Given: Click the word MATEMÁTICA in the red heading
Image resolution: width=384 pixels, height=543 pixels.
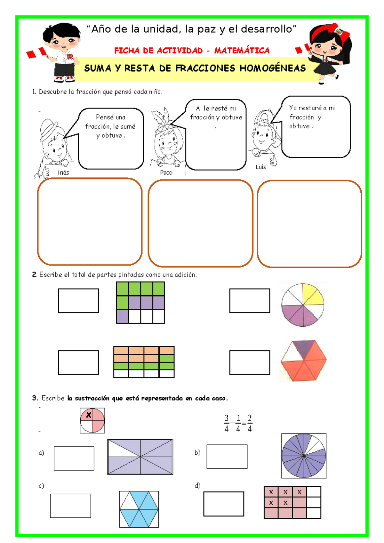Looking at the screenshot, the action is (x=242, y=50).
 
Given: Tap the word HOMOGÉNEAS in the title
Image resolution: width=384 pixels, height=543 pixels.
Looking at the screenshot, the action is (x=273, y=68).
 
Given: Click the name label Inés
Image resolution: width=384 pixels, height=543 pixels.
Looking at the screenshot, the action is (x=63, y=172).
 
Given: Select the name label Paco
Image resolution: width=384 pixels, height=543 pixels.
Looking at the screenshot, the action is (x=166, y=173).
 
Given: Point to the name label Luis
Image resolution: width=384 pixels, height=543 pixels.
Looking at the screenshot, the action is (x=261, y=167).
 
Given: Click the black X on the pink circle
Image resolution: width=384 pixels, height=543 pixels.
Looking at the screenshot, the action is (x=89, y=415).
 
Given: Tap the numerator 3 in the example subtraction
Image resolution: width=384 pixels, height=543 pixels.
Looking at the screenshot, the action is (x=227, y=418).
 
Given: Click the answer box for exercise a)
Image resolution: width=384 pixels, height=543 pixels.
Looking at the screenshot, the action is (x=74, y=458).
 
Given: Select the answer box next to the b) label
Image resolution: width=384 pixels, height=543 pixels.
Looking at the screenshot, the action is (x=227, y=457).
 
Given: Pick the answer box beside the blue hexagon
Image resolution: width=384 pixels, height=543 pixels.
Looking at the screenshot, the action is (x=70, y=506).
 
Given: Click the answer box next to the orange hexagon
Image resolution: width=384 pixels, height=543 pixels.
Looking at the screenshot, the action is (x=250, y=362).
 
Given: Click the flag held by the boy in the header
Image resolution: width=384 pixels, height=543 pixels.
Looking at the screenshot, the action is (x=36, y=53).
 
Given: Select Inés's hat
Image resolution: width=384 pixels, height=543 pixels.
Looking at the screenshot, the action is (x=50, y=130).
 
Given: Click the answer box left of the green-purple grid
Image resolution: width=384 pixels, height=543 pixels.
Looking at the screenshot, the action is (x=78, y=301).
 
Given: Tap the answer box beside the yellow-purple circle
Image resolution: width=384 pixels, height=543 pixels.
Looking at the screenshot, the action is (x=250, y=301).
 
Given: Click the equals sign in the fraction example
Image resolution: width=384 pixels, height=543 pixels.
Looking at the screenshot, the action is (x=244, y=423).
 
